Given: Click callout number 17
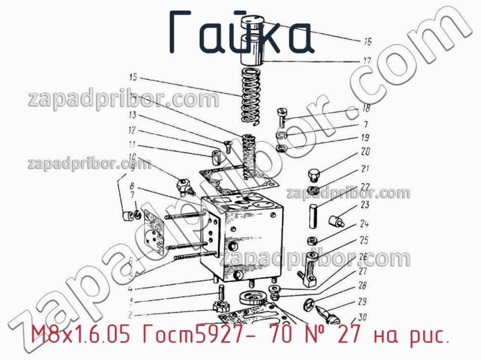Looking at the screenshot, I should pyautogui.click(x=366, y=61).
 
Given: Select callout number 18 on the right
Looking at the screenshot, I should pyautogui.click(x=365, y=109).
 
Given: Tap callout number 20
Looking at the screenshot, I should pyautogui.click(x=365, y=152).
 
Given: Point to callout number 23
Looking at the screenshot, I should pyautogui.click(x=364, y=205).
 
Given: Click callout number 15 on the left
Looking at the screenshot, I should pyautogui.click(x=133, y=77).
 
